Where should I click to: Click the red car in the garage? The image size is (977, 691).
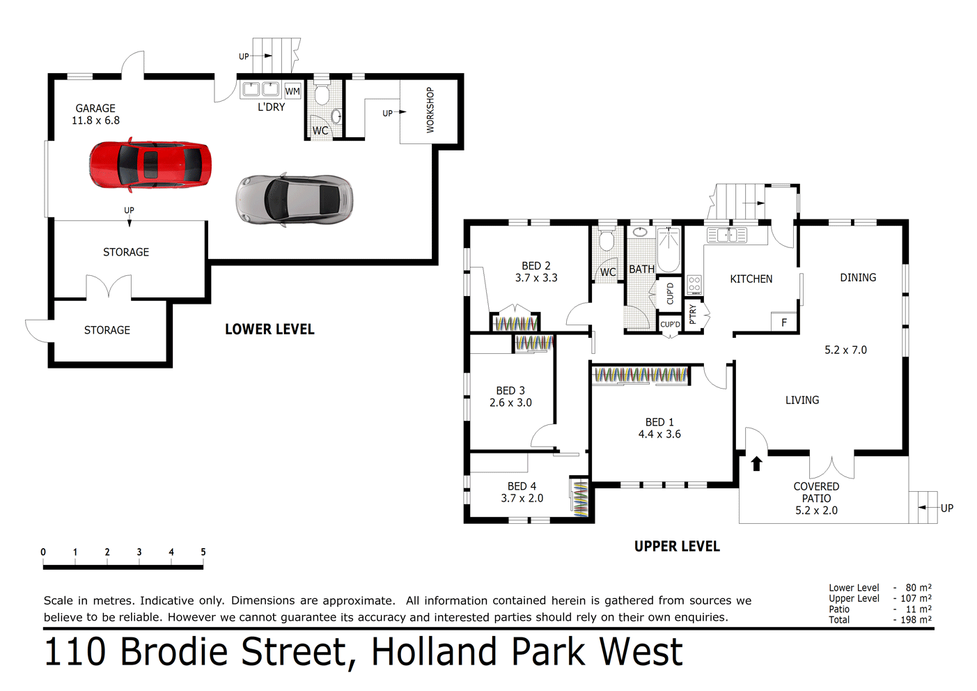(x=150, y=165)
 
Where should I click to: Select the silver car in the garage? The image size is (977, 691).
(x=295, y=200)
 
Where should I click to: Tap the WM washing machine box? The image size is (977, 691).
(x=292, y=91)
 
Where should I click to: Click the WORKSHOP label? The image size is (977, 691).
(x=430, y=110)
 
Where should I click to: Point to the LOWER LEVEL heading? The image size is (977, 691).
(x=269, y=329)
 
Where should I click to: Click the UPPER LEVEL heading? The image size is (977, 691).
(x=677, y=547)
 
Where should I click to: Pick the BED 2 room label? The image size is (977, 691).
(x=536, y=266)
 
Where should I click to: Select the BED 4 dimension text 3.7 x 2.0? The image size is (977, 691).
(x=522, y=498)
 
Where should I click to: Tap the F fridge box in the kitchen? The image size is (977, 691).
(x=784, y=322)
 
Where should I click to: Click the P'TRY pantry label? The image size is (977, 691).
(x=693, y=315)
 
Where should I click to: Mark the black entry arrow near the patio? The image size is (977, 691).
(x=757, y=463)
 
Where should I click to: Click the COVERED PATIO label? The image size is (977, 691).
(x=816, y=492)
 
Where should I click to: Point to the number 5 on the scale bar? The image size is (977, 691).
(x=203, y=552)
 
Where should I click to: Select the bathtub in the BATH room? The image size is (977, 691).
(x=669, y=249)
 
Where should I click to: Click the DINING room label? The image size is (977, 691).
(x=858, y=277)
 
